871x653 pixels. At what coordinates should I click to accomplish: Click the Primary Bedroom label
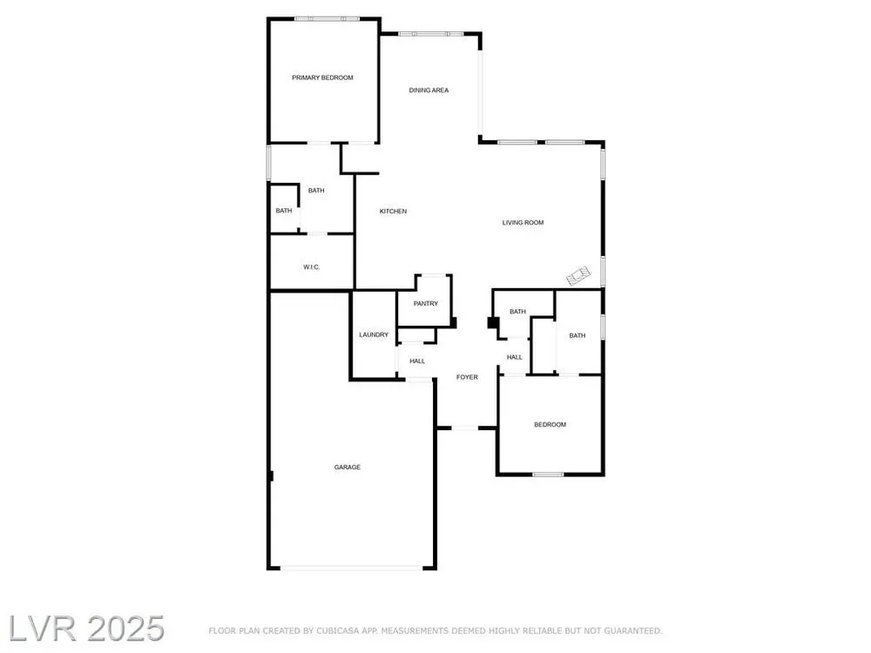pyautogui.click(x=322, y=77)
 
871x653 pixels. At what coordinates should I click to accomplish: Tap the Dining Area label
pyautogui.click(x=429, y=90)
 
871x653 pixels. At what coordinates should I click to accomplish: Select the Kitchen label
pyautogui.click(x=393, y=211)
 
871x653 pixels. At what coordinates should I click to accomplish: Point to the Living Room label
pyautogui.click(x=523, y=223)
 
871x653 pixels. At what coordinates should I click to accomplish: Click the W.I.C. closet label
pyautogui.click(x=311, y=267)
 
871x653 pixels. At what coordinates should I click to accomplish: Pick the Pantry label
pyautogui.click(x=426, y=304)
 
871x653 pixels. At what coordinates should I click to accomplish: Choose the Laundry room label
pyautogui.click(x=374, y=335)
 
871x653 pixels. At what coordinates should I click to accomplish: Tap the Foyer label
pyautogui.click(x=467, y=377)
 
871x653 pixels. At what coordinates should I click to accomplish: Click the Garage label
pyautogui.click(x=348, y=467)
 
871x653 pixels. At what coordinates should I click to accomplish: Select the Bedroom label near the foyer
pyautogui.click(x=550, y=425)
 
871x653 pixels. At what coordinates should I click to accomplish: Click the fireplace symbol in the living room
pyautogui.click(x=578, y=276)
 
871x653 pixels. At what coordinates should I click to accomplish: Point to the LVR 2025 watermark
pyautogui.click(x=86, y=629)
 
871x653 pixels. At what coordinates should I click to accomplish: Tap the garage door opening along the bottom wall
pyautogui.click(x=352, y=568)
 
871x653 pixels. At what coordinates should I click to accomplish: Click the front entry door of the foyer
pyautogui.click(x=464, y=427)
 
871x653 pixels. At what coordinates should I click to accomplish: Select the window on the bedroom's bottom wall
pyautogui.click(x=548, y=475)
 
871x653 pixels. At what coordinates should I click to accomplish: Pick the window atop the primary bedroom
pyautogui.click(x=327, y=19)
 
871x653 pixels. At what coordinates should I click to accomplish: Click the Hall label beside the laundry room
pyautogui.click(x=417, y=361)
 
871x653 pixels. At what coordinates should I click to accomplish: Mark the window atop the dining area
pyautogui.click(x=431, y=34)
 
